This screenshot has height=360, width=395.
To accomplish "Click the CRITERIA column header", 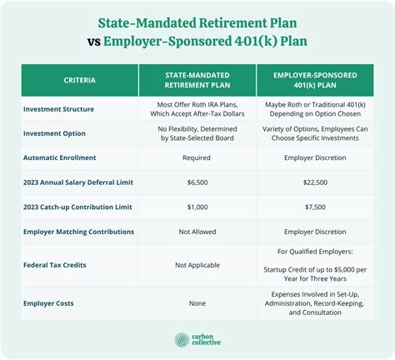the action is coord(79,80).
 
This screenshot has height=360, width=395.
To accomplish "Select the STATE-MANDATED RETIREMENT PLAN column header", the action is coord(197,80).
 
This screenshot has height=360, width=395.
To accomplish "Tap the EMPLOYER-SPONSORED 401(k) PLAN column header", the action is coord(315,80).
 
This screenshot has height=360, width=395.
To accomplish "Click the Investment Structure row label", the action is coord(58,109).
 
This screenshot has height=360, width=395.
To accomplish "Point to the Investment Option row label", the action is coord(54,133).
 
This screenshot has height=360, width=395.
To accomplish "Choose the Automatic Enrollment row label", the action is coord(59,157).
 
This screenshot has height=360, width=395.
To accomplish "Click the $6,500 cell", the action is coord(197,182).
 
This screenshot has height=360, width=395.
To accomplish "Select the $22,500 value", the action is coord(315,182).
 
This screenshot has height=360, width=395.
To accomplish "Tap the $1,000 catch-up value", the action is coord(197,207).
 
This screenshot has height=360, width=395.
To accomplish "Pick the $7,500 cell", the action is coord(315,207).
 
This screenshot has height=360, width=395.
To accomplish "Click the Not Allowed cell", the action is coord(197,232).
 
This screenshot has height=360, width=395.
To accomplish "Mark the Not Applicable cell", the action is coord(197,265).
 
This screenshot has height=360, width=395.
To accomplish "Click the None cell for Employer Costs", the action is coord(197,303).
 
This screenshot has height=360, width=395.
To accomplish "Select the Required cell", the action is coord(197,157).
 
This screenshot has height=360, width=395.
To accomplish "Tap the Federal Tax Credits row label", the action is coord(55,265).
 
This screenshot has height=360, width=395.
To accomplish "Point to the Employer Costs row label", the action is coord(48,303).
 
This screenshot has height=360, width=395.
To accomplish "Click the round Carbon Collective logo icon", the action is coord(182,340).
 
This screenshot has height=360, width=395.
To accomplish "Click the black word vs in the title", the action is coord(93,42).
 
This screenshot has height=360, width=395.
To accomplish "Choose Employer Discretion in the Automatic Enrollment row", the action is coord(315,157).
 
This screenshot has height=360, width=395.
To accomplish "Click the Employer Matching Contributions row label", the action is coord(78,232).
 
